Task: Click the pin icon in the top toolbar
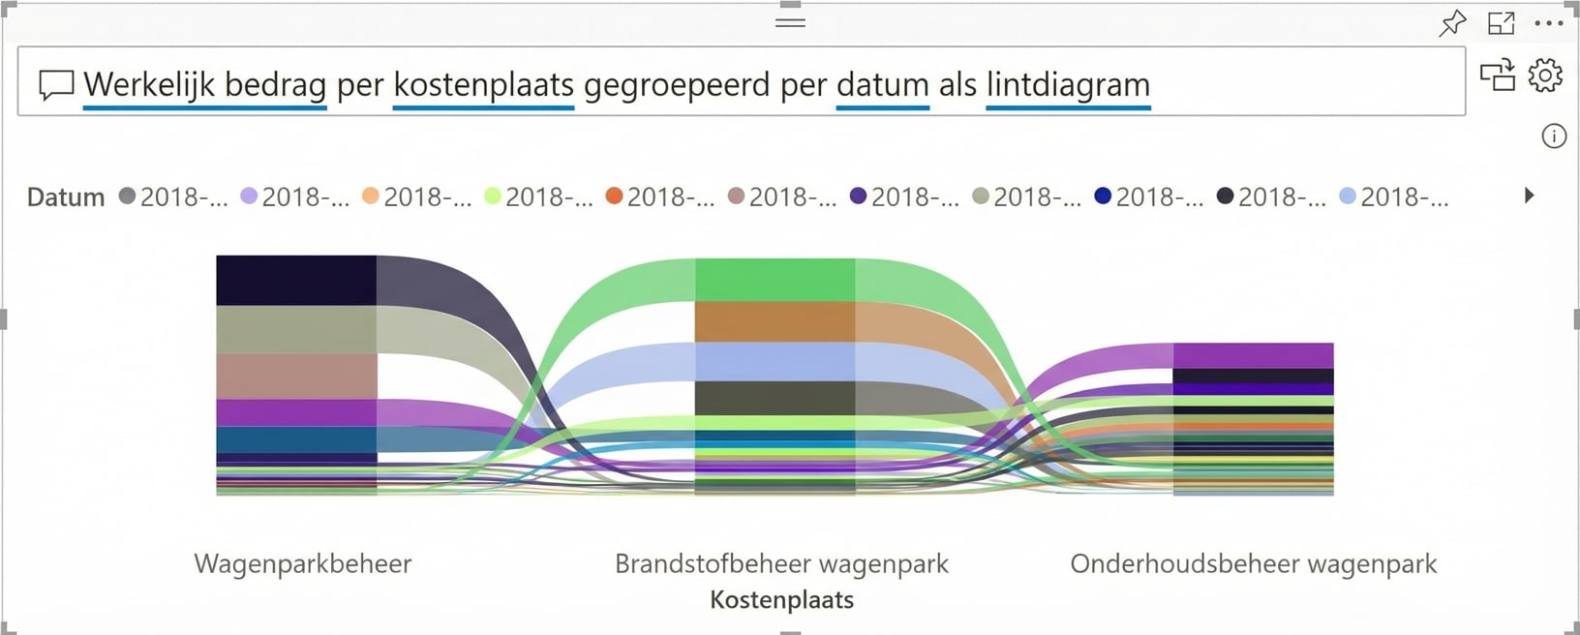[1452, 23]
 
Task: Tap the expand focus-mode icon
[1502, 23]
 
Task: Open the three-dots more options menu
[1549, 23]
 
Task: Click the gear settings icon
[1545, 75]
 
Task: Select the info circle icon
[1553, 136]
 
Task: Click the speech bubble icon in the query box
[56, 85]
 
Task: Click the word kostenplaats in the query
[483, 85]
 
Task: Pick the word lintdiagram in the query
[1068, 85]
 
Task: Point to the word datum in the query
[882, 85]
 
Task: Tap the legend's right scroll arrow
[1530, 196]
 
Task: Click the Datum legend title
[66, 197]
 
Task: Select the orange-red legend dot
[614, 197]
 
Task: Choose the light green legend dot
[493, 197]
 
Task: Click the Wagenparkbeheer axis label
[303, 563]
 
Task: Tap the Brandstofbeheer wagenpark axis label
[781, 563]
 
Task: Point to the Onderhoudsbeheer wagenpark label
[1253, 563]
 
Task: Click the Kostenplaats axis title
[781, 600]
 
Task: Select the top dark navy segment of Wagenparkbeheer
[296, 280]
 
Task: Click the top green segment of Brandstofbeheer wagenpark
[775, 280]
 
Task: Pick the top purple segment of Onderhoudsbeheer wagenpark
[1253, 355]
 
